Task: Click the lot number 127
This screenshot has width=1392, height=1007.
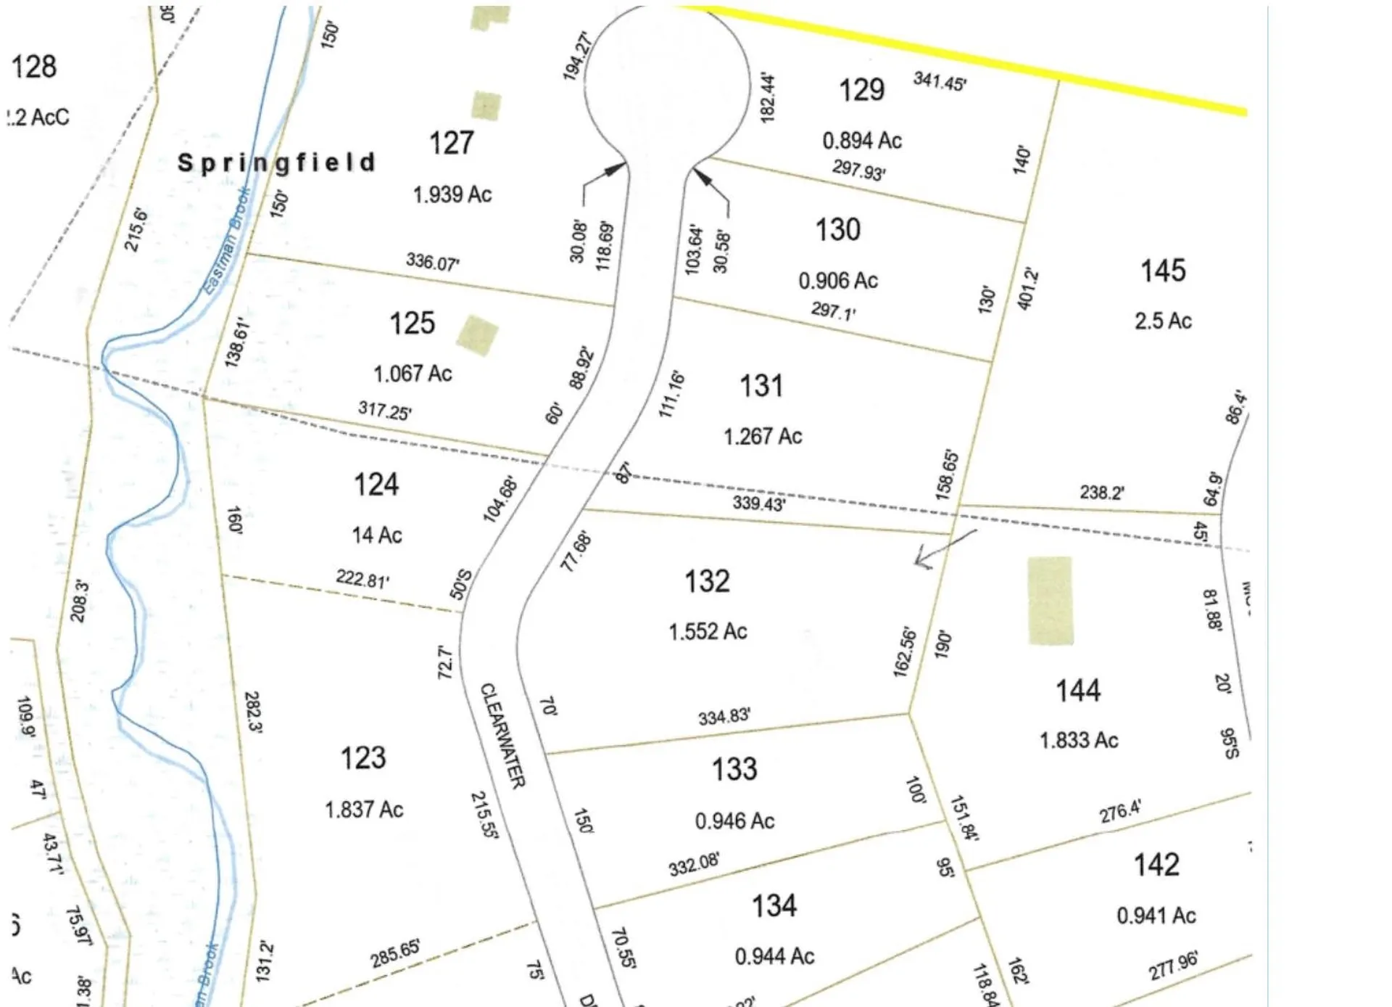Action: [451, 143]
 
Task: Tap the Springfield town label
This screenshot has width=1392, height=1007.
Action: [276, 163]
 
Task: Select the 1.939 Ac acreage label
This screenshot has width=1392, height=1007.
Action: [452, 194]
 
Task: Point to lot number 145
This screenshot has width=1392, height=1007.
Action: [1163, 271]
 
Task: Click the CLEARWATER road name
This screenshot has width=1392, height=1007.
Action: [502, 735]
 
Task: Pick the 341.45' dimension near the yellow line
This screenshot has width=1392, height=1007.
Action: [939, 81]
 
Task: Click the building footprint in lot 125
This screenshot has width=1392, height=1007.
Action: [477, 336]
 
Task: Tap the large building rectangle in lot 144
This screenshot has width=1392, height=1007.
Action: [1050, 600]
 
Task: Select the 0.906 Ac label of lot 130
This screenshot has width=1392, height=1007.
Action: [838, 281]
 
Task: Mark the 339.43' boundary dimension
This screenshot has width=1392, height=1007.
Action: [758, 503]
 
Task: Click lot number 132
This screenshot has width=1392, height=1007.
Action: [707, 581]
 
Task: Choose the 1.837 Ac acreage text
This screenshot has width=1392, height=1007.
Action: [363, 809]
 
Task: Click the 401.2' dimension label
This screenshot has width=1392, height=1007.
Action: [1027, 289]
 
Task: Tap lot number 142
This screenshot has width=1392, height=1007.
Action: [1156, 865]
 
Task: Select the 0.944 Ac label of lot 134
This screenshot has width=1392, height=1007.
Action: [774, 956]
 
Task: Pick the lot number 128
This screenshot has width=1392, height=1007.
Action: [34, 67]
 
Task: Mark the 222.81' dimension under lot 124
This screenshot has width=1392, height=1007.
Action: [362, 579]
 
